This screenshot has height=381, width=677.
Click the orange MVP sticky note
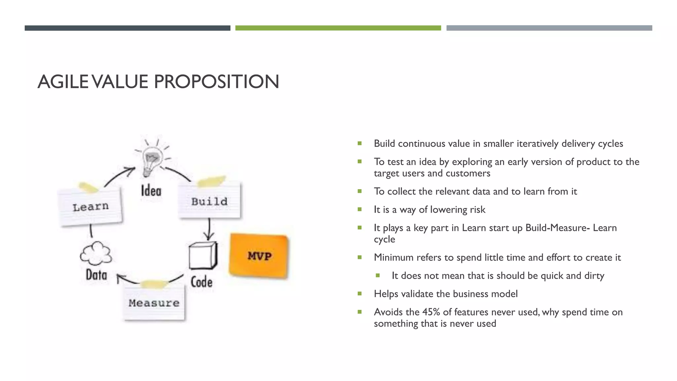259,256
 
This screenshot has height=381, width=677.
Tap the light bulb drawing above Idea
152,161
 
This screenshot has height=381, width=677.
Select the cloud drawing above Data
96,254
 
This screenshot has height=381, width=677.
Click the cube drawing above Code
203,256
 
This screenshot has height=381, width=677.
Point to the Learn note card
90,207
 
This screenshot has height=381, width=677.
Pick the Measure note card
154,303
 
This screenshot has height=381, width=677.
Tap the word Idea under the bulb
151,191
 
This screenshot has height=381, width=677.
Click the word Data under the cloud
97,275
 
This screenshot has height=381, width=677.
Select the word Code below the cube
202,282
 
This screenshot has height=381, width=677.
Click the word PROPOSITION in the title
217,82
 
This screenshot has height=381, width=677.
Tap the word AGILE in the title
63,82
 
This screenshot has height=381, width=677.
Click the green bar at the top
338,28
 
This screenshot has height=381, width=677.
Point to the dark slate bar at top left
127,28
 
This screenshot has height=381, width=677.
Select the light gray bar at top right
549,28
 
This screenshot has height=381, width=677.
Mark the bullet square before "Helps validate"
360,293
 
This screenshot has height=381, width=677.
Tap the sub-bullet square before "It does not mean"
378,275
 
